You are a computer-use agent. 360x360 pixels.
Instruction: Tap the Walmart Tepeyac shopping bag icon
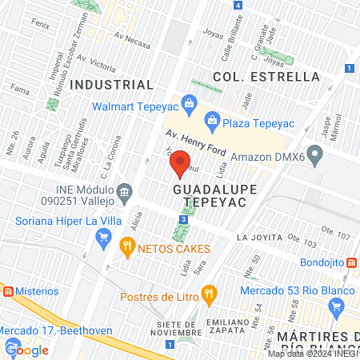[x=188, y=102]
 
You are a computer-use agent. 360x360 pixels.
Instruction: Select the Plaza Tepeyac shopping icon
[x=212, y=121]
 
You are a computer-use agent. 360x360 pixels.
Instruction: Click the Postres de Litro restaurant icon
[x=209, y=293]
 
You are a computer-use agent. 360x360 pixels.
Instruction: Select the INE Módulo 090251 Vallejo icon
[x=124, y=191]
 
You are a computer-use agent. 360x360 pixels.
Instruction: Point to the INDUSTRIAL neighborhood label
[x=112, y=84]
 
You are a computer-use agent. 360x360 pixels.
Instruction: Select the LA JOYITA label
[x=260, y=238]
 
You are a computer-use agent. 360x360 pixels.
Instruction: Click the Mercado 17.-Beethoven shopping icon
[x=13, y=347]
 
